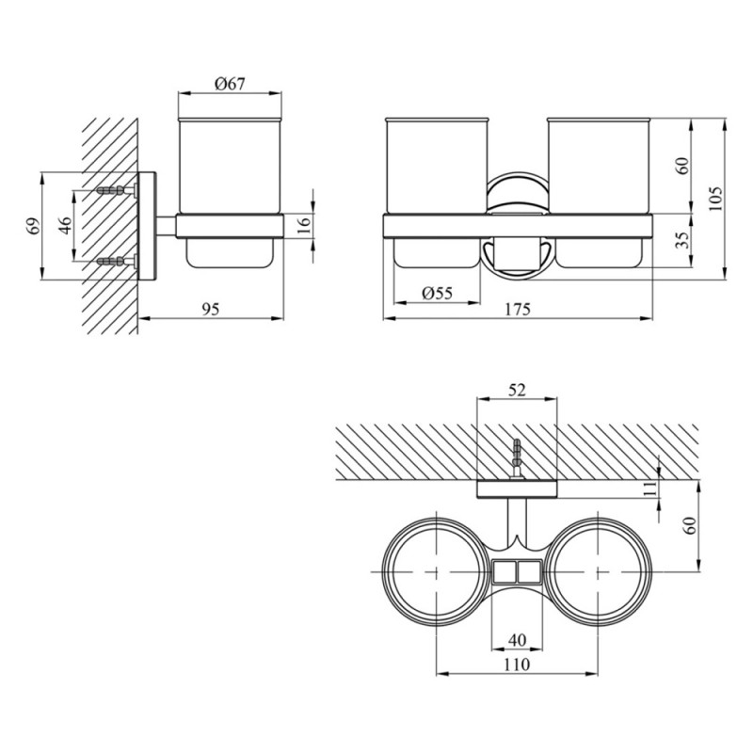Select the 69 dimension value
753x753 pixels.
coord(32,226)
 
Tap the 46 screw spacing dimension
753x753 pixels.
coord(64,226)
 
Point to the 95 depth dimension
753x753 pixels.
coord(210,309)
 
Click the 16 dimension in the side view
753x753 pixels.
coord(302,224)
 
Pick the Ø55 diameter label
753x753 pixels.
coord(437,293)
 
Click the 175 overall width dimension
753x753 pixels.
coord(517,309)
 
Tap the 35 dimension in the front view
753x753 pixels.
coord(682,240)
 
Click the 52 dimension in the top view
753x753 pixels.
coord(516,389)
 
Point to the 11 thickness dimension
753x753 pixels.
coord(649,488)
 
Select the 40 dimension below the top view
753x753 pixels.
coord(516,640)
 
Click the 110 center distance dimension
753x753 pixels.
coord(516,665)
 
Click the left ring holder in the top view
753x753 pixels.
coord(437,570)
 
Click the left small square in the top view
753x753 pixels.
coord(505,570)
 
